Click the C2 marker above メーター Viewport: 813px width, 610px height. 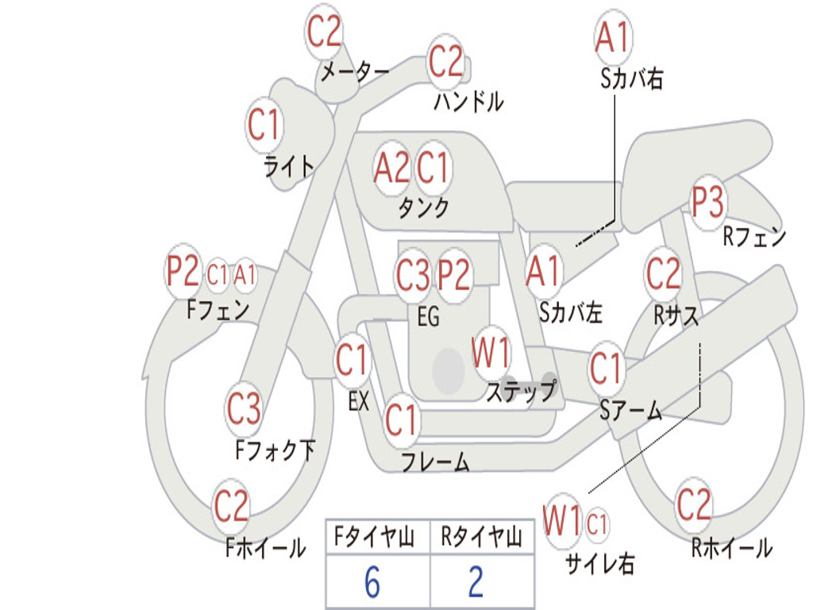(x=324, y=32)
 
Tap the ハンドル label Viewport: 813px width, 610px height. (x=468, y=101)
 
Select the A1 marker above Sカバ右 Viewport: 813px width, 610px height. (x=614, y=37)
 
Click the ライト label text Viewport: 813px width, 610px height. (x=289, y=167)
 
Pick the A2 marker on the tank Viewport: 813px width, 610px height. (x=392, y=168)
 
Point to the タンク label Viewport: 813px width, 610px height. (x=424, y=207)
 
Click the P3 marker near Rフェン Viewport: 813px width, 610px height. (x=708, y=202)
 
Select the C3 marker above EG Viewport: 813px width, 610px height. (x=413, y=274)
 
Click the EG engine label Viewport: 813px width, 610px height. (x=428, y=316)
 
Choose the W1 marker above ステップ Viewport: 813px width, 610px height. (x=491, y=352)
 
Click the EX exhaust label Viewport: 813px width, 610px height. (x=359, y=401)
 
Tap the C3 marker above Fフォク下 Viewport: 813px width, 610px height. (x=245, y=408)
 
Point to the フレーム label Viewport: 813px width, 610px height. (x=436, y=461)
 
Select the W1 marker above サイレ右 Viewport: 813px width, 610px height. (x=562, y=520)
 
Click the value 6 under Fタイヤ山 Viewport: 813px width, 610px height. (x=372, y=582)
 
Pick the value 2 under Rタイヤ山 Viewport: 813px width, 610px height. (x=476, y=582)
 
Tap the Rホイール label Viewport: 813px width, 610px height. (x=732, y=548)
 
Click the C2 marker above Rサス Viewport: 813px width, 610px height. (x=663, y=273)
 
